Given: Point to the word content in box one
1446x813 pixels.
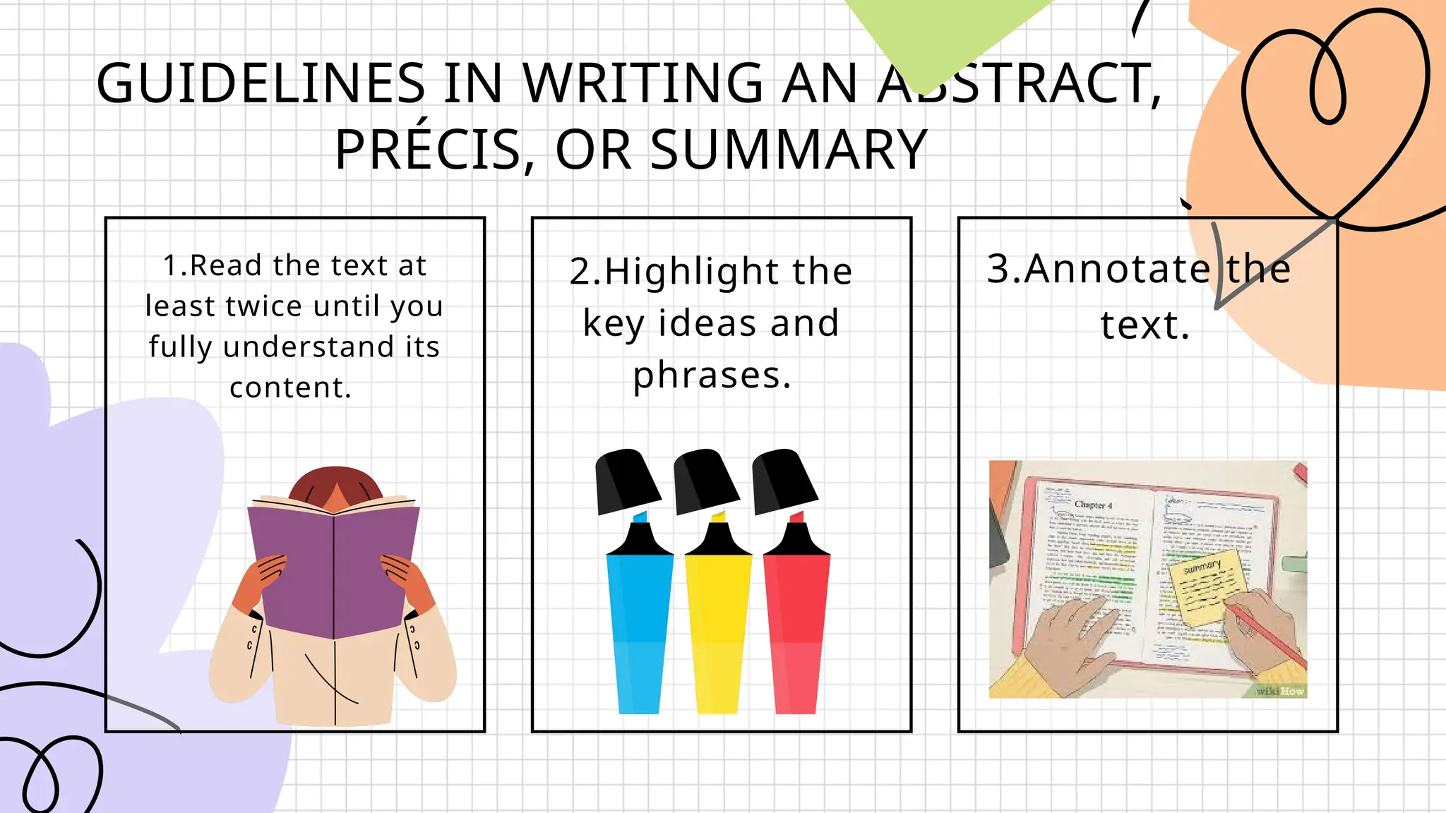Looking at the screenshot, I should point(290,387).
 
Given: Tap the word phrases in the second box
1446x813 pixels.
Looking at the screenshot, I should point(711,375).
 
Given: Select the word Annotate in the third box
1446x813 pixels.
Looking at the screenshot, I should point(1118,269).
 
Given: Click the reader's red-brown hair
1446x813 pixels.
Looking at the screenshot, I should point(335,482).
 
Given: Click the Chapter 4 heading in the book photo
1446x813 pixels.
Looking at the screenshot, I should point(1093,505).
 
